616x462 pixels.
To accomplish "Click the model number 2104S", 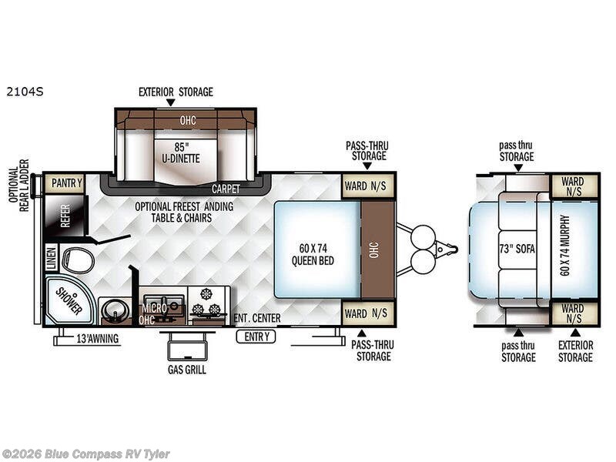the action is coord(25,92).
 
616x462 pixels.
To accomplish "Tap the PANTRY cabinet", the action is coord(65,183).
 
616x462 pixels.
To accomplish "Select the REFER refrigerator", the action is coord(65,216).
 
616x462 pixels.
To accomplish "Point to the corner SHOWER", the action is coord(69,300).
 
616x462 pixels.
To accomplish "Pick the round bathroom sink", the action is coord(115,310).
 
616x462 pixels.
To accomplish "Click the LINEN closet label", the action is coord(52,258).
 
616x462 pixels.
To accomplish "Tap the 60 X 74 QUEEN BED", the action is coord(313,254).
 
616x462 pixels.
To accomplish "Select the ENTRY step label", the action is coord(256,336).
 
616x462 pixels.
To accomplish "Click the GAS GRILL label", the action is coord(186,370).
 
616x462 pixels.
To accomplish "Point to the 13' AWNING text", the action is coord(97,339).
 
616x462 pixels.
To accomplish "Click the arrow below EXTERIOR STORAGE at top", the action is coord(170,102).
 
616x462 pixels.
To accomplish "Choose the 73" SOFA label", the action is coord(517,249).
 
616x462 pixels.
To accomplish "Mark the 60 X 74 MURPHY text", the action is coord(564,245).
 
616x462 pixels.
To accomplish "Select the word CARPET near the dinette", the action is coord(226,189).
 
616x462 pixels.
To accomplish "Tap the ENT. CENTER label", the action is coord(257,318).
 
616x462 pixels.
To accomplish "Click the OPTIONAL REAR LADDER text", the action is coord(18,186).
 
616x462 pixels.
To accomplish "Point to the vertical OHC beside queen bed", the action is coord(375,249).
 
